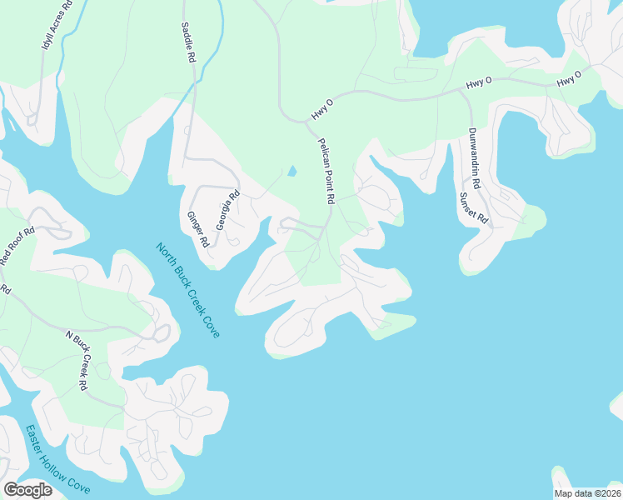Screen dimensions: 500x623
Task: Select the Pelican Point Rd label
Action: coord(325,172)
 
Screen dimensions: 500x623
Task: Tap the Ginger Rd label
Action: coord(198,229)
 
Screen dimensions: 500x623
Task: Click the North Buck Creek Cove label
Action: coord(189,290)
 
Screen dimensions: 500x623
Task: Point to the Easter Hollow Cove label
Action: coord(57,458)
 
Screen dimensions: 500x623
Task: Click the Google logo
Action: coord(27,490)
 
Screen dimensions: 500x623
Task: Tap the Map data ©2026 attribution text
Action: coord(587,493)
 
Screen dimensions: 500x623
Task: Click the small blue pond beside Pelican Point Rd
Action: coord(292,172)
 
